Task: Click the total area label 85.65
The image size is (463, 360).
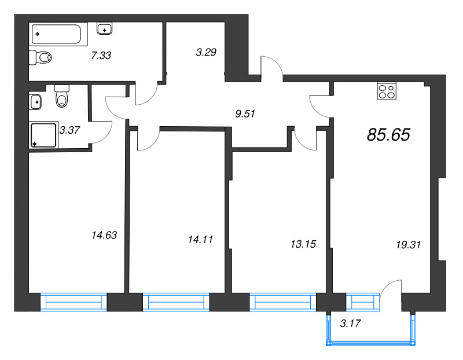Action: pyautogui.click(x=388, y=135)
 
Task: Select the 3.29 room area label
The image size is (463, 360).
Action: pyautogui.click(x=206, y=53)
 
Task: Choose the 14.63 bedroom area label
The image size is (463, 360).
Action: pyautogui.click(x=104, y=235)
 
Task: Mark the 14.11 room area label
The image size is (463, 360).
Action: pyautogui.click(x=201, y=238)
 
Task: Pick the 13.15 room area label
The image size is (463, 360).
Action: pyautogui.click(x=303, y=244)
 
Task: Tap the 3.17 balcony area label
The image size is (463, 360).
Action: pyautogui.click(x=351, y=324)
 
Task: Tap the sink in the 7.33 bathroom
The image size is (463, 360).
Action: pyautogui.click(x=105, y=28)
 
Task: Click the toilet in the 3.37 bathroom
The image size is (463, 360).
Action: pyautogui.click(x=61, y=97)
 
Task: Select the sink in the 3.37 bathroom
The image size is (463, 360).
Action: pyautogui.click(x=36, y=102)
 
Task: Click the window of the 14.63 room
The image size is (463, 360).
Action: pyautogui.click(x=74, y=302)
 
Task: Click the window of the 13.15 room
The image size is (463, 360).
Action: pyautogui.click(x=283, y=302)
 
